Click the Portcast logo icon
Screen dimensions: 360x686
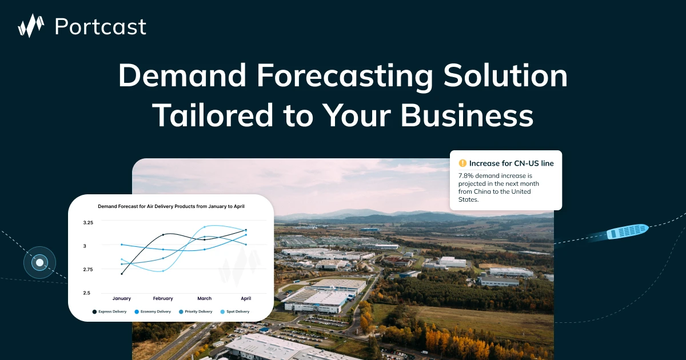(x=31, y=26)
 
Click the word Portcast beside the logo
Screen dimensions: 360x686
(x=100, y=26)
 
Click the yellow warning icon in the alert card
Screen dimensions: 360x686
(x=462, y=163)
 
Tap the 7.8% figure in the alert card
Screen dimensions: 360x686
(x=467, y=175)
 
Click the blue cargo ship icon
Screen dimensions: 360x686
(x=627, y=231)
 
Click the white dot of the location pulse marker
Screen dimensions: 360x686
(x=39, y=263)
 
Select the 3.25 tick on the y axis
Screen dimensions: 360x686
(x=88, y=222)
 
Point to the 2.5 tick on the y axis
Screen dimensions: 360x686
(x=87, y=293)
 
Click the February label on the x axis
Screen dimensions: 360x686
(x=163, y=298)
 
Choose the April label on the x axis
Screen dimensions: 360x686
(x=246, y=298)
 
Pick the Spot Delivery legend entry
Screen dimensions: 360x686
(x=235, y=311)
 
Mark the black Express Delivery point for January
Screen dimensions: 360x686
(x=122, y=274)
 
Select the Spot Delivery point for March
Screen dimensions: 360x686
(x=205, y=227)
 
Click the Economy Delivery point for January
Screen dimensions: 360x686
(x=122, y=245)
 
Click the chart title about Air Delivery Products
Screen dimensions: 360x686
(x=171, y=206)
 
